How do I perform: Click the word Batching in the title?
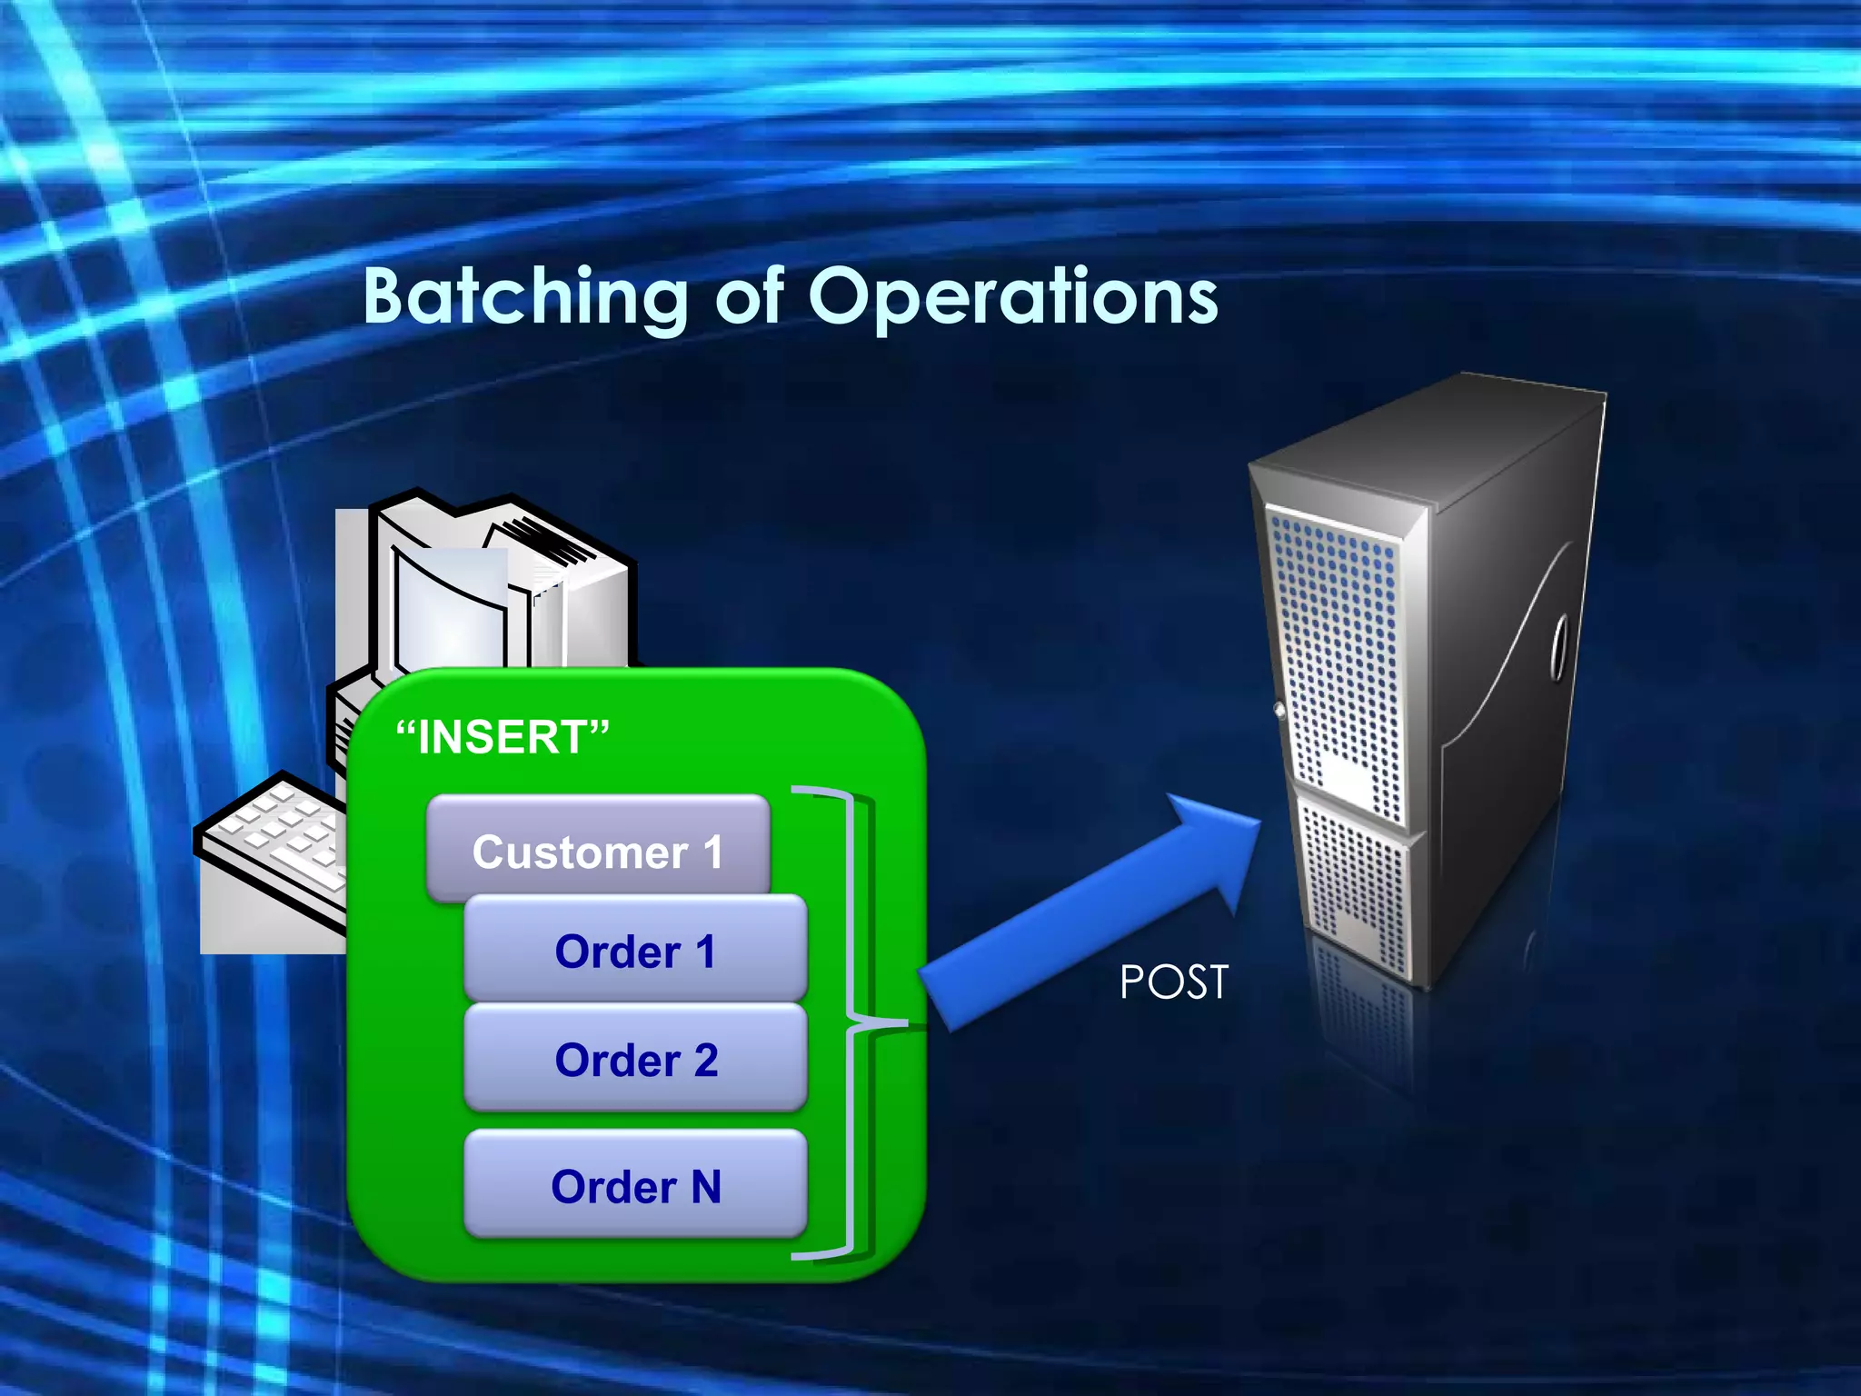pos(525,296)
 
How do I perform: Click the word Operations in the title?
pos(1012,296)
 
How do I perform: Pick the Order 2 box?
pos(634,1059)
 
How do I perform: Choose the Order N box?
pos(634,1185)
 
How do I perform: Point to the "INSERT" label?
pos(503,736)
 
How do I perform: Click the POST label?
pos(1173,982)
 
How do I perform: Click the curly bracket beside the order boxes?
pos(854,1022)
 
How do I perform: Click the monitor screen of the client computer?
pos(450,604)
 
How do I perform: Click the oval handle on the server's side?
pos(1559,647)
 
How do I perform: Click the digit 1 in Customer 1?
pos(712,852)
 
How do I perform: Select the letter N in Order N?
pos(705,1186)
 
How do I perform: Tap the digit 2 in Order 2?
pos(705,1060)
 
